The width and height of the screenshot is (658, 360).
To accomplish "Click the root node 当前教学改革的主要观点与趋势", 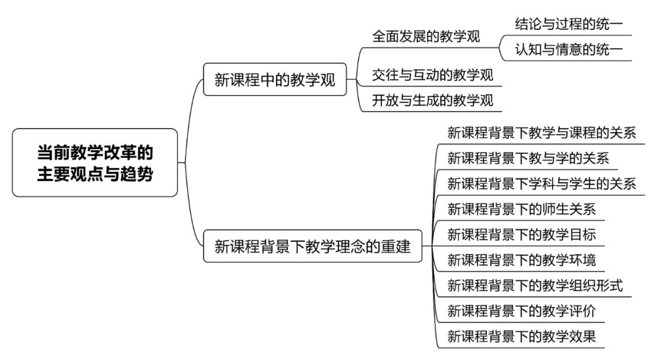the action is pyautogui.click(x=95, y=163).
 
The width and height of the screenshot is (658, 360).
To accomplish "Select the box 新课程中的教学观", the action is pyautogui.click(x=275, y=79).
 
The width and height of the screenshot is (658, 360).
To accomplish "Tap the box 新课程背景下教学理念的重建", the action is pyautogui.click(x=313, y=246).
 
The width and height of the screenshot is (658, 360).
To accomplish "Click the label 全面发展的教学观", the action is pyautogui.click(x=426, y=37).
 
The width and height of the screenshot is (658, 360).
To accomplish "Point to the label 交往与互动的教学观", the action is pyautogui.click(x=433, y=75).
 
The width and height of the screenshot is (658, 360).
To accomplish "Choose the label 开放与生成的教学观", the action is pyautogui.click(x=433, y=101).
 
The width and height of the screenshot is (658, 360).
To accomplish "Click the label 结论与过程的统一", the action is pyautogui.click(x=569, y=24).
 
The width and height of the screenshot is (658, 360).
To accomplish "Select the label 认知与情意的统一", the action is pyautogui.click(x=569, y=49).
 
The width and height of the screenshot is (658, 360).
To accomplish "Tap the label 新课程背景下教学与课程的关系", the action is pyautogui.click(x=542, y=133).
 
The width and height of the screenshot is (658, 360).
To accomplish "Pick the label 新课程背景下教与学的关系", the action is pyautogui.click(x=528, y=158).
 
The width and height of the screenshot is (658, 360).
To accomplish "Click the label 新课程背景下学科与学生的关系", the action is pyautogui.click(x=542, y=183).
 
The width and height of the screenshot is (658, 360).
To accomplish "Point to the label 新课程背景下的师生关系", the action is pyautogui.click(x=522, y=209).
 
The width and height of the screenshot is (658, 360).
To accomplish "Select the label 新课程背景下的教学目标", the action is pyautogui.click(x=522, y=235).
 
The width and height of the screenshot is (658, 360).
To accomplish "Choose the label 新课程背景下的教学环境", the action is pyautogui.click(x=522, y=260).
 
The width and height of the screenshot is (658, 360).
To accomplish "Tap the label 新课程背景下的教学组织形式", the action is pyautogui.click(x=535, y=286).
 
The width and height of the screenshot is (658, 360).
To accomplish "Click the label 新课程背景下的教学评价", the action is pyautogui.click(x=522, y=311).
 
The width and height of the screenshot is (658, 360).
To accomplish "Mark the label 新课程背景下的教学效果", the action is pyautogui.click(x=522, y=336).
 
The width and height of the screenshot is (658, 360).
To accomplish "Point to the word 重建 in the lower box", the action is pyautogui.click(x=396, y=246).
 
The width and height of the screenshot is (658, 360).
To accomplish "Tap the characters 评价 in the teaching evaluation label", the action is pyautogui.click(x=582, y=311).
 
